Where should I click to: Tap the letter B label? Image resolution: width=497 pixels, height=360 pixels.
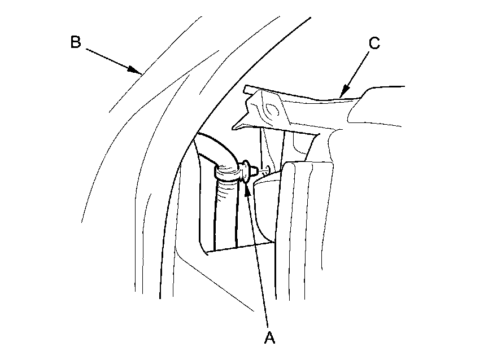[x=76, y=42]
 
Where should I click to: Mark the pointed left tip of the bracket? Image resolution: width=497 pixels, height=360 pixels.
[x=236, y=128]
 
